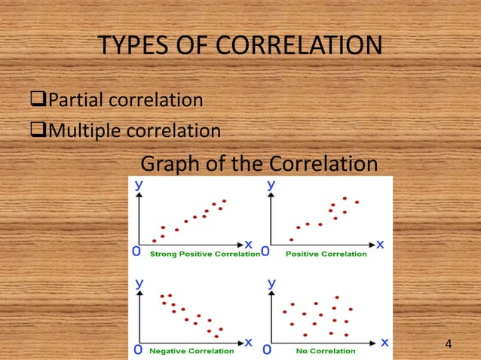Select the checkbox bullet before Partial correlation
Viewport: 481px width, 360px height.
click(35, 99)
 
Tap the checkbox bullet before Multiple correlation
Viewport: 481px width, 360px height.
click(35, 131)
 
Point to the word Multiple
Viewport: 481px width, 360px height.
click(81, 132)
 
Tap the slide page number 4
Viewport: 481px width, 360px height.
click(449, 344)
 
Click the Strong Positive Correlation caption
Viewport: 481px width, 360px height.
click(204, 254)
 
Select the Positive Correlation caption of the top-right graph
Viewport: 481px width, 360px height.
click(326, 254)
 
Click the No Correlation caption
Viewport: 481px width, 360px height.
click(326, 351)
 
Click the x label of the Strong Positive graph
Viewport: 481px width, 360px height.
click(248, 244)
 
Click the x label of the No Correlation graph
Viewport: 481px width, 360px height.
click(384, 341)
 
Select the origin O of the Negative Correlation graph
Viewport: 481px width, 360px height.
click(138, 349)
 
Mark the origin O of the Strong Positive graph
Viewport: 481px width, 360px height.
click(138, 252)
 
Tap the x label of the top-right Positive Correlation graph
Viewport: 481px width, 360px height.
click(380, 244)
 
